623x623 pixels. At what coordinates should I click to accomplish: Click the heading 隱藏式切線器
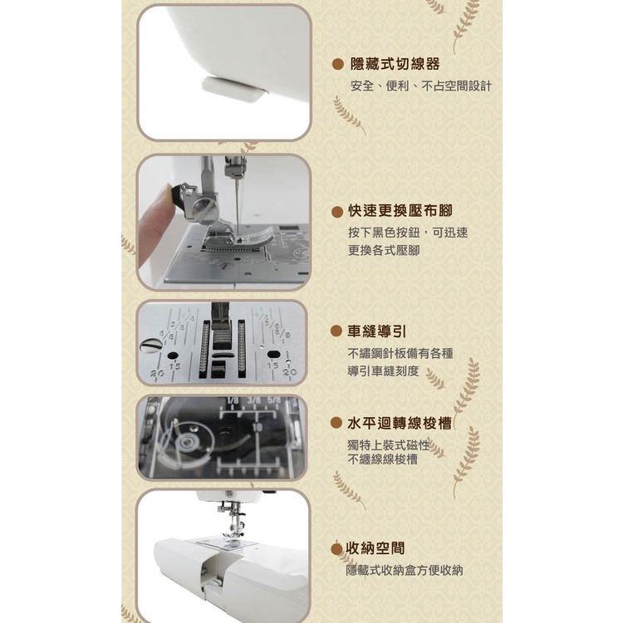[395, 64]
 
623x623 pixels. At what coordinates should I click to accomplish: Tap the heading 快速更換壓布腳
[400, 211]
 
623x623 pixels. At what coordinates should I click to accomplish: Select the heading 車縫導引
[377, 331]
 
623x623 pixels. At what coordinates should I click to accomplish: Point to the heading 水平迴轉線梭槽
[400, 423]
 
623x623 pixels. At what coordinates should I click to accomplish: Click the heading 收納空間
[375, 548]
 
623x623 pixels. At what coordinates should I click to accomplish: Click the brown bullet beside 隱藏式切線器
[338, 64]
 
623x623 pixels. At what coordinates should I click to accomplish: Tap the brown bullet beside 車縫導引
[336, 331]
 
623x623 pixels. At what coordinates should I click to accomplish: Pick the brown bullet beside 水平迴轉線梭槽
[336, 423]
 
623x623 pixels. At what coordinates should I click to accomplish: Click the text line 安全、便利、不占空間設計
[421, 86]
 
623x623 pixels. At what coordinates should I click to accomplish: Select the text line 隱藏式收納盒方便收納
[405, 571]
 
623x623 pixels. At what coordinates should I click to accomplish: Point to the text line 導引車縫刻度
[384, 371]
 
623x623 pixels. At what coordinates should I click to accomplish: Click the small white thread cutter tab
[234, 90]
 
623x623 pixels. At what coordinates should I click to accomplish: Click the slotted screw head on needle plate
[151, 346]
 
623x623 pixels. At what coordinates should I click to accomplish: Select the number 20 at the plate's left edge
[157, 374]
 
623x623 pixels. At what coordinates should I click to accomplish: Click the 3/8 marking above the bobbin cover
[254, 400]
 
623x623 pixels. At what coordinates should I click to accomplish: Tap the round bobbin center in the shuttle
[186, 442]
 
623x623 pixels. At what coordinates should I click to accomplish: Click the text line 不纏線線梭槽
[383, 459]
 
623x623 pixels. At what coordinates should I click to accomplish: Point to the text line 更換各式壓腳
[384, 250]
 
